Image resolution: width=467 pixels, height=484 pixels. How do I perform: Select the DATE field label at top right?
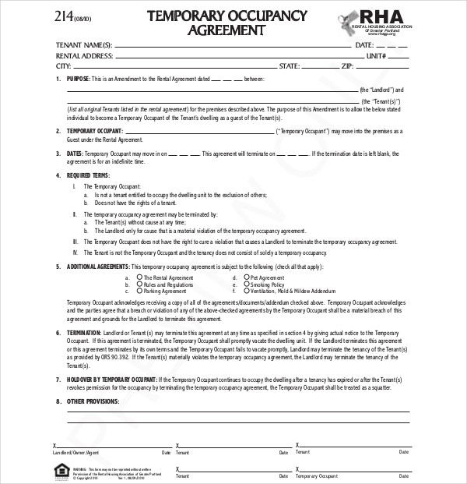(365, 45)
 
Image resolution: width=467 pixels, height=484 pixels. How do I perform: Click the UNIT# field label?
(376, 56)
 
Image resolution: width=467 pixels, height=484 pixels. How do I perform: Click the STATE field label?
(290, 66)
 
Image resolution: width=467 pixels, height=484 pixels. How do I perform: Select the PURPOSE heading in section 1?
(78, 79)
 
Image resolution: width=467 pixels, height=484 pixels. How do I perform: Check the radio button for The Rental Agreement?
(139, 277)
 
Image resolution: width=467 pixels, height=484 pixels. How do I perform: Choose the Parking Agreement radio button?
(139, 291)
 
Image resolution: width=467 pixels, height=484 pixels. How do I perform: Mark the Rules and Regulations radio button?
(139, 284)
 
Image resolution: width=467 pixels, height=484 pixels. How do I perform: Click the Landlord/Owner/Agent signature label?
(75, 452)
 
